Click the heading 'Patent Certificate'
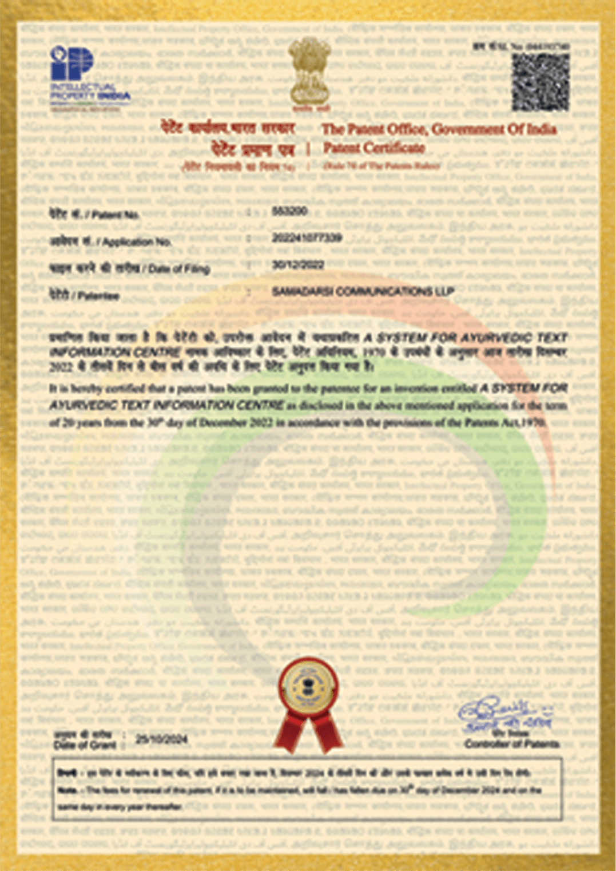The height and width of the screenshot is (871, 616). (374, 148)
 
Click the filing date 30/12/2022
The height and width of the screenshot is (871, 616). (298, 264)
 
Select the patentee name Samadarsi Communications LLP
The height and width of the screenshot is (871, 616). (363, 292)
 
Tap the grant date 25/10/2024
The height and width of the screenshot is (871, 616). (161, 739)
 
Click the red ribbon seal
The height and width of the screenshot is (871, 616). (309, 704)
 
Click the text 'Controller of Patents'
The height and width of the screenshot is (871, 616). (512, 745)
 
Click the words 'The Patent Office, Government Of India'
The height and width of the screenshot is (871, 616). (439, 129)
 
